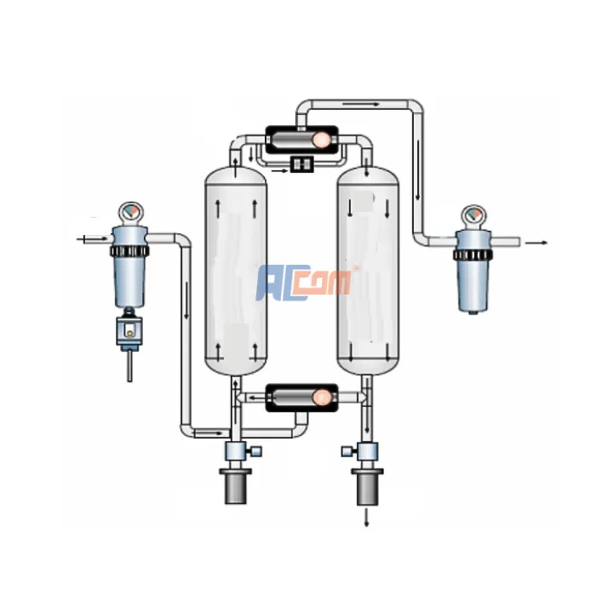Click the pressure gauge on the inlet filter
coord(130,213)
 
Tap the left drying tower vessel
coord(236,271)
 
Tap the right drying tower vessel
coord(368,271)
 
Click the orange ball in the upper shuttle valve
coord(322,140)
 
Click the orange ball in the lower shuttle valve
coord(322,398)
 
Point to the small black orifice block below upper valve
coord(301,163)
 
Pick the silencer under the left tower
coord(236,486)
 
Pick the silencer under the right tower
coord(368,487)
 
